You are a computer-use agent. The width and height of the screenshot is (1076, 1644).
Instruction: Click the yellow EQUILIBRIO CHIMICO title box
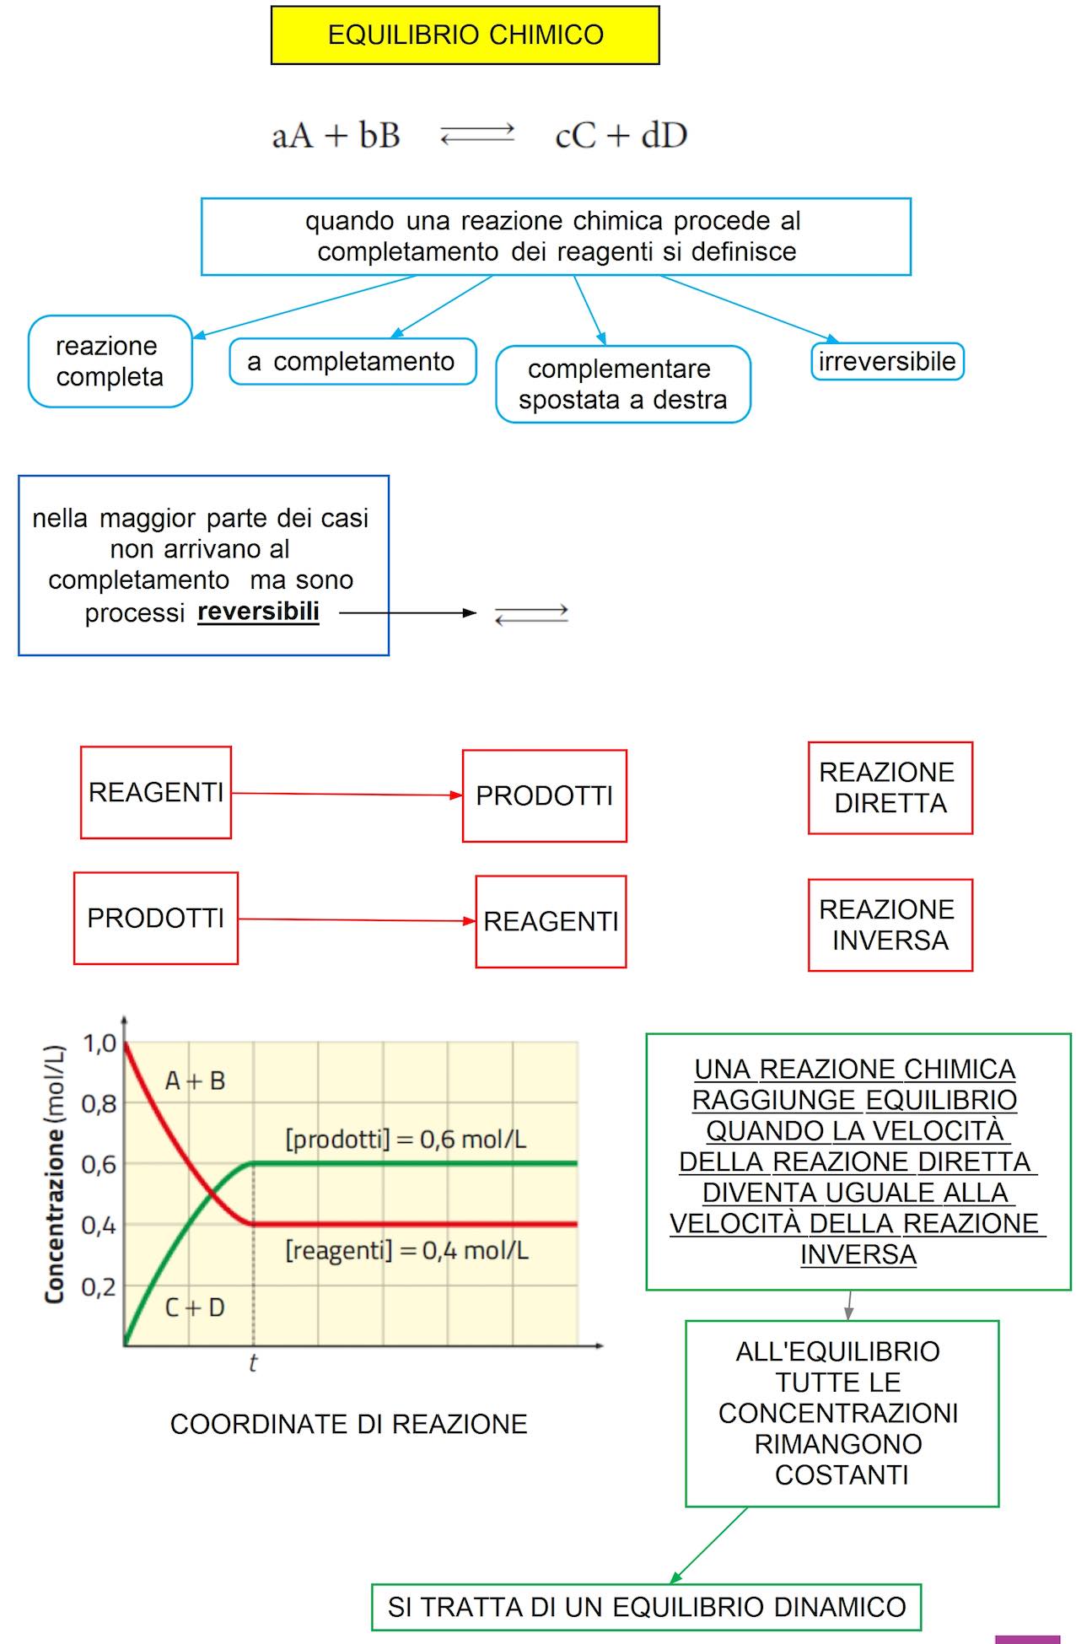pos(465,35)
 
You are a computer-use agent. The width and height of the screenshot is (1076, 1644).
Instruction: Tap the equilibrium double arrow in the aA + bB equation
pos(477,135)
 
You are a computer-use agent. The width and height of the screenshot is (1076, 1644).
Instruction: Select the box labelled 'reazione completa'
pos(110,361)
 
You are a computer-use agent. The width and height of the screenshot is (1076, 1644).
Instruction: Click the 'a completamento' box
pos(352,361)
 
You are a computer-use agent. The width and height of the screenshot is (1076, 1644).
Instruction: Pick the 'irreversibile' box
pos(887,361)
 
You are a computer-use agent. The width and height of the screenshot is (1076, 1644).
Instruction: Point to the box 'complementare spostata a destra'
pos(622,384)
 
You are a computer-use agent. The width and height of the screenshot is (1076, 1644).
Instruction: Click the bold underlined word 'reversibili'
pos(258,611)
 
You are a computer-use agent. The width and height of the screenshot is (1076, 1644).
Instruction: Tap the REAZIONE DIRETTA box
pos(890,788)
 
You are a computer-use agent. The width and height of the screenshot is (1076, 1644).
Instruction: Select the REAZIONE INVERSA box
pos(890,924)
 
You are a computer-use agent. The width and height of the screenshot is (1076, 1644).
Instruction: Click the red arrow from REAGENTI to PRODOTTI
pos(347,794)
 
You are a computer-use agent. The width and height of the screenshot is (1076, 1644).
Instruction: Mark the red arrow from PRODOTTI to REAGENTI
pos(357,919)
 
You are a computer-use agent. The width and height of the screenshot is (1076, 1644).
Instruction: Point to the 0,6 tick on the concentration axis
pos(100,1165)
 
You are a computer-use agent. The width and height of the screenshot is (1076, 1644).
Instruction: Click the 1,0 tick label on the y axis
pos(100,1044)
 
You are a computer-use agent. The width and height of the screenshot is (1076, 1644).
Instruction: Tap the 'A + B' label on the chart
pos(195,1081)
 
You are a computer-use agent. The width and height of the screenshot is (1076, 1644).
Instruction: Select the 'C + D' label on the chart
pos(194,1307)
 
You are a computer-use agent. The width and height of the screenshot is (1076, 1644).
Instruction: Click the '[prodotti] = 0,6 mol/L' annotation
pos(406,1140)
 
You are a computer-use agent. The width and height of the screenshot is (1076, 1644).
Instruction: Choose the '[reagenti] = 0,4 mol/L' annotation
pos(406,1249)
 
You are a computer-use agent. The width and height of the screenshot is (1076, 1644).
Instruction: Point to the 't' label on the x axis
pos(253,1363)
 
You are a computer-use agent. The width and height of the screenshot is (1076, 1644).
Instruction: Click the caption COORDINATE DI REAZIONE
pos(348,1424)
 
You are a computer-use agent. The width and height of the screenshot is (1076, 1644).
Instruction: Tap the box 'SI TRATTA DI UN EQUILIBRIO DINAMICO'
pos(646,1607)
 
